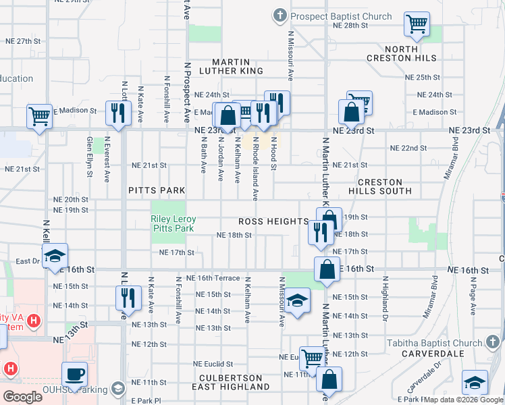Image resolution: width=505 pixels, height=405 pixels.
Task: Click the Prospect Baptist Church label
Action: pyautogui.click(x=342, y=16)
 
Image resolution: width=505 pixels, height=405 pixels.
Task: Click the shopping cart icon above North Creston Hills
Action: pyautogui.click(x=417, y=24)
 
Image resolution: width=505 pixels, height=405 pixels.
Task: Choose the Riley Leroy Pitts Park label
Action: pyautogui.click(x=172, y=223)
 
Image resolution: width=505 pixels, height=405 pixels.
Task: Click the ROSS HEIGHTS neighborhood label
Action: pyautogui.click(x=273, y=221)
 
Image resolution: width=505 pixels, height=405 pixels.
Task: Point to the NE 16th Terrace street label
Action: pyautogui.click(x=208, y=278)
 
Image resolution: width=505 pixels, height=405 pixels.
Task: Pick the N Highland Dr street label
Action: pyautogui.click(x=386, y=297)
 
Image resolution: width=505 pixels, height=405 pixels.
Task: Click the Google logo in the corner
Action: pyautogui.click(x=23, y=397)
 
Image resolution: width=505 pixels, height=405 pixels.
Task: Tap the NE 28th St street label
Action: pyautogui.click(x=350, y=25)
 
